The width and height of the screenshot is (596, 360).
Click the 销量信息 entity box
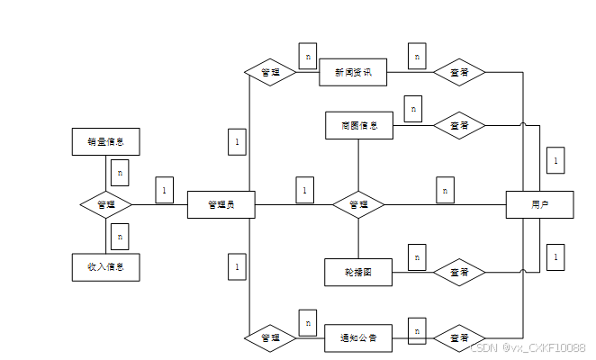pos(105,141)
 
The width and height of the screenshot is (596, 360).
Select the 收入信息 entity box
pos(105,267)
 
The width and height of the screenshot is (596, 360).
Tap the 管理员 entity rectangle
pos(221,205)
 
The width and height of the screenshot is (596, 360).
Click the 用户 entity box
pos(539,205)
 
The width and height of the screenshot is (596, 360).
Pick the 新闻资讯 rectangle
pos(353,72)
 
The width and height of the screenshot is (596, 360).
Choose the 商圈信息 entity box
pos(359,125)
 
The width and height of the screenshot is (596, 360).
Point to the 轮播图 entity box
pos(359,272)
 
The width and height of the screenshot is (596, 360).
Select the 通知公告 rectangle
pos(359,337)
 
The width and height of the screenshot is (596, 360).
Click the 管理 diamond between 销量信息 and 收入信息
pos(105,204)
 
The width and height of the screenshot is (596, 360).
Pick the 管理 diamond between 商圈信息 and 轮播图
pos(358,204)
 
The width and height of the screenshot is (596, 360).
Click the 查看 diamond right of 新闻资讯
pos(459,72)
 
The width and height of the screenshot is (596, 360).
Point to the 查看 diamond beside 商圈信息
pos(459,125)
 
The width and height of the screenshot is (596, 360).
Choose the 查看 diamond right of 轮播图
pos(459,272)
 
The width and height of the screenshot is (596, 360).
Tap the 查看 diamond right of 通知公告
pos(459,337)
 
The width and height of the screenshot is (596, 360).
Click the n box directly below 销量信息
pos(121,171)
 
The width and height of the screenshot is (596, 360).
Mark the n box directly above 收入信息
pos(121,236)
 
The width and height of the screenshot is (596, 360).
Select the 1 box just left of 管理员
pos(164,190)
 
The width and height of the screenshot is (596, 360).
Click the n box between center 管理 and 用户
pos(445,190)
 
